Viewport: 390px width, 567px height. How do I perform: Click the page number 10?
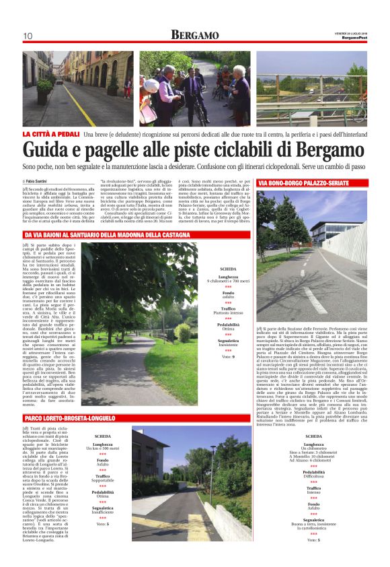[x=28, y=36]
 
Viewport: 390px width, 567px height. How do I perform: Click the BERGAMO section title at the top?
[x=195, y=34]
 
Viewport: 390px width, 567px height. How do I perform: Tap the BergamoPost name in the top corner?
[x=353, y=37]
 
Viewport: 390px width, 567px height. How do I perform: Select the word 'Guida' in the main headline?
[x=51, y=150]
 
